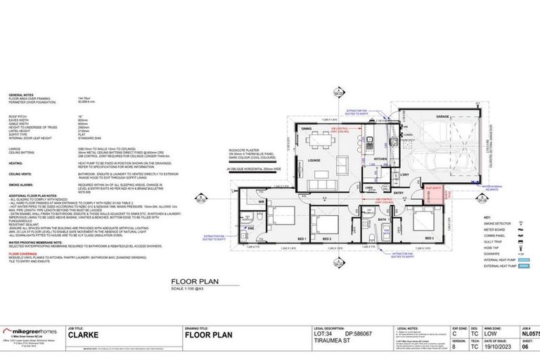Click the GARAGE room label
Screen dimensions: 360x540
[442, 116]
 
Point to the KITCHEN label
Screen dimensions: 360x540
[379, 160]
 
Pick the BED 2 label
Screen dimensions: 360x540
[326, 238]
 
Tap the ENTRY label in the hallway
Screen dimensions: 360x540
[398, 192]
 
